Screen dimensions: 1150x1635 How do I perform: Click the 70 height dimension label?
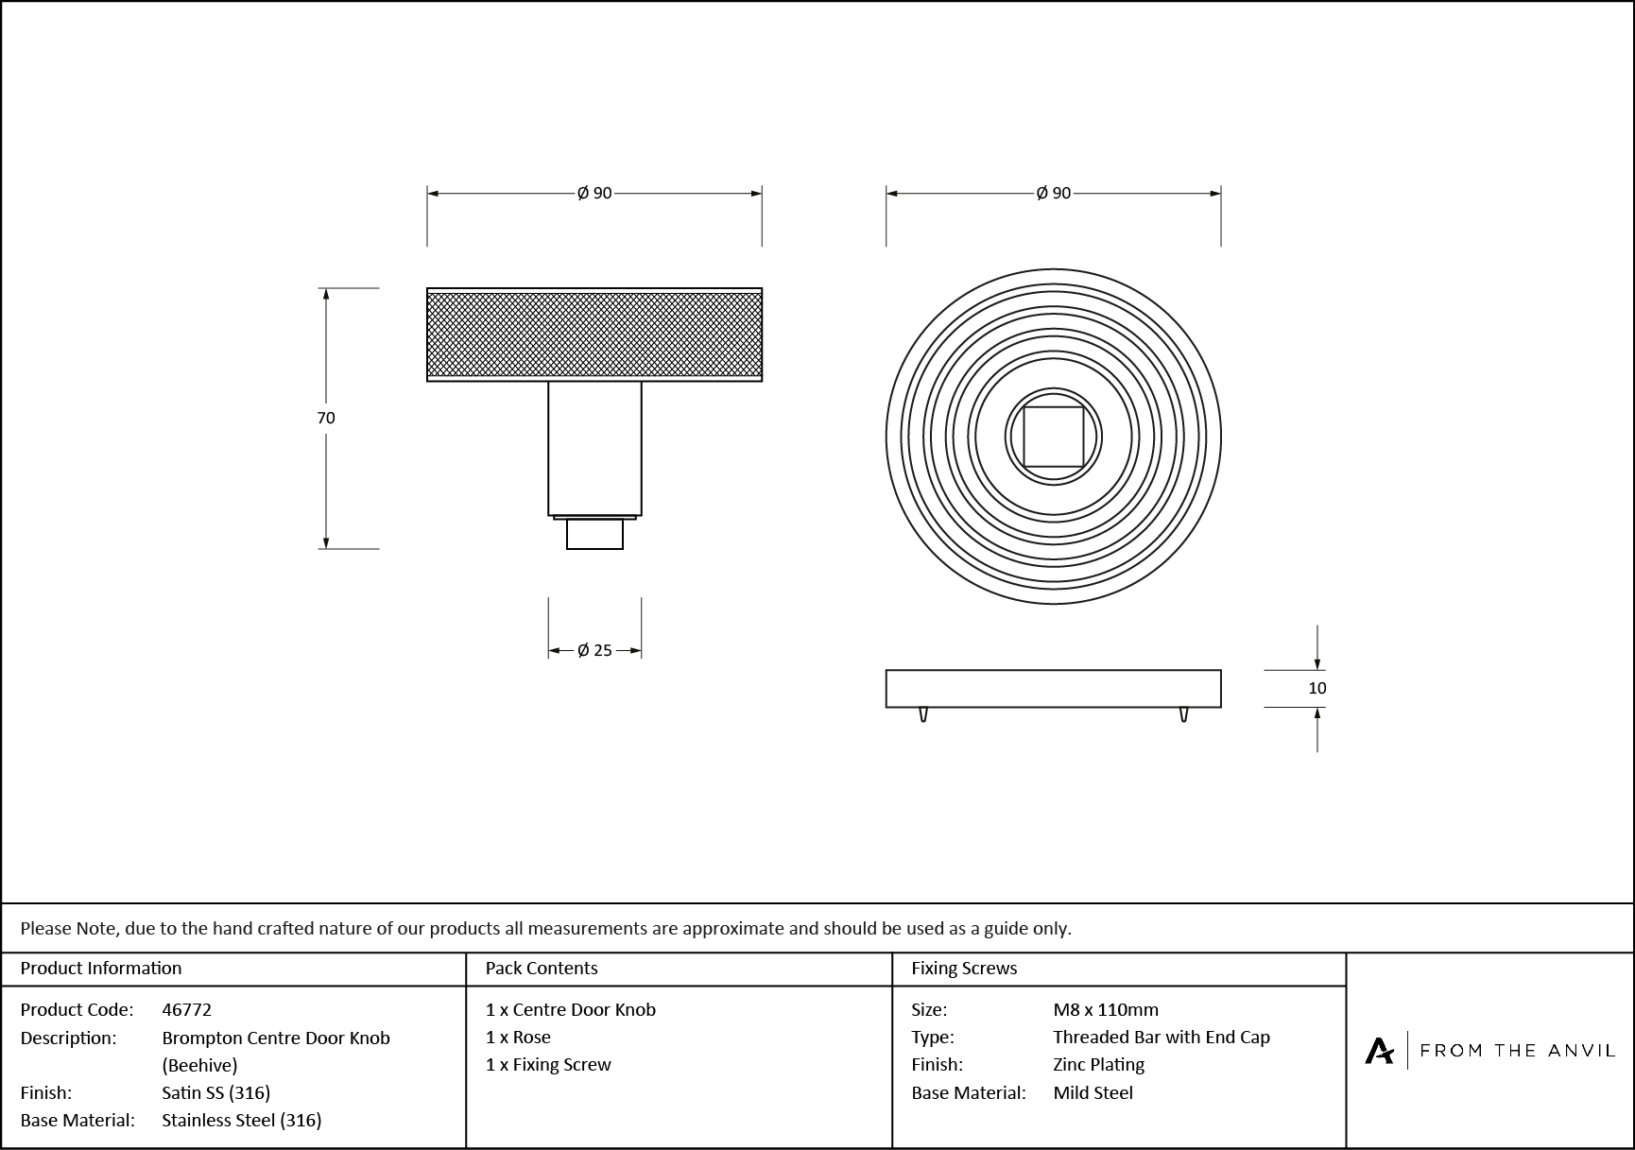tap(326, 418)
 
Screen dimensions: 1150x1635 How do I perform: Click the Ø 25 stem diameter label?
tap(594, 650)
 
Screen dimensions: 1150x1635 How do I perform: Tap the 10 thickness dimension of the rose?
tap(1317, 688)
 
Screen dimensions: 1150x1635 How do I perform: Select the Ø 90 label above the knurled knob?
tap(594, 193)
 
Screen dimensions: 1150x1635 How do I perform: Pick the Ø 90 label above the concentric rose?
tap(1053, 193)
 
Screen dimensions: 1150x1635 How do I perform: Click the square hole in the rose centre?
tap(1053, 437)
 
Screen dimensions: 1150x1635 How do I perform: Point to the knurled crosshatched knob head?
tap(594, 335)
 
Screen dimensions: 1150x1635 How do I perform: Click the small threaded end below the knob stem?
tap(594, 535)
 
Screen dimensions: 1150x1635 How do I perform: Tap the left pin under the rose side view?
tap(923, 714)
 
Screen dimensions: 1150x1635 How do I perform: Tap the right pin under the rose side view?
tap(1183, 714)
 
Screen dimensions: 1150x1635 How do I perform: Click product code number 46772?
tap(186, 1009)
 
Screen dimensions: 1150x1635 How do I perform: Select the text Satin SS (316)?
tap(215, 1092)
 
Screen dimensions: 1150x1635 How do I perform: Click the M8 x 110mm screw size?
tap(1105, 1009)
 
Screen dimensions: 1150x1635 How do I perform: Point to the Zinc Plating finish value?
tap(1098, 1064)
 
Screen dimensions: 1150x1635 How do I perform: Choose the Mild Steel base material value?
tap(1093, 1092)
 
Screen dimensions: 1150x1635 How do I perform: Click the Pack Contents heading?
tap(541, 968)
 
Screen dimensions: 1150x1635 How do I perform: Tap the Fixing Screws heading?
tap(963, 968)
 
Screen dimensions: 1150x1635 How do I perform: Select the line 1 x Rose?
tap(518, 1037)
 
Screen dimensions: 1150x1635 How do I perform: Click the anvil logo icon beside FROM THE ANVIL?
tap(1379, 1050)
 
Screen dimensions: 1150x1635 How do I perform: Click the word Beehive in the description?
tap(199, 1065)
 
